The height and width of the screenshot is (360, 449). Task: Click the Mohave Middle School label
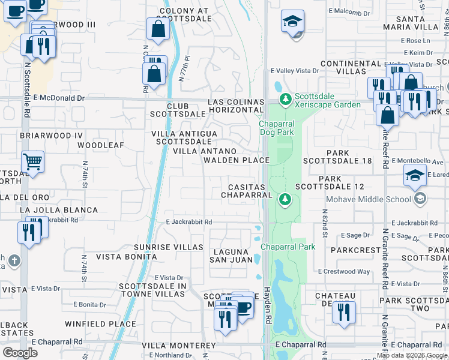[x=368, y=199]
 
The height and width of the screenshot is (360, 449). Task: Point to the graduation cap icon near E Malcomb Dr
[x=292, y=22]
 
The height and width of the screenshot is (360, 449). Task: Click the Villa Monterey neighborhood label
[x=178, y=346]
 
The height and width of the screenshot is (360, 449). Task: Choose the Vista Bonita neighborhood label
[x=126, y=257]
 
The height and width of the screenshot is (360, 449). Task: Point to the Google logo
[x=20, y=353]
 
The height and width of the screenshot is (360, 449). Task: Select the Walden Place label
[x=236, y=160]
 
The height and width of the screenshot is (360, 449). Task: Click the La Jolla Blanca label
[x=58, y=210]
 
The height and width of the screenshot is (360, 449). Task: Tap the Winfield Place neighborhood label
[x=101, y=324]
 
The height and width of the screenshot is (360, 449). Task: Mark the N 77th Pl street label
[x=184, y=70]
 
